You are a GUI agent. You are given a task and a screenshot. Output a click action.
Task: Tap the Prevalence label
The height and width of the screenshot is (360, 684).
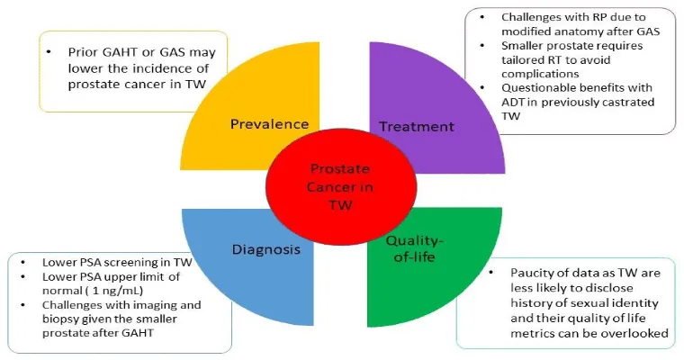click(x=269, y=124)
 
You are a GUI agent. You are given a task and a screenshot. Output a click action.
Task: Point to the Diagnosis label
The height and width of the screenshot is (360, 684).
click(x=264, y=249)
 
